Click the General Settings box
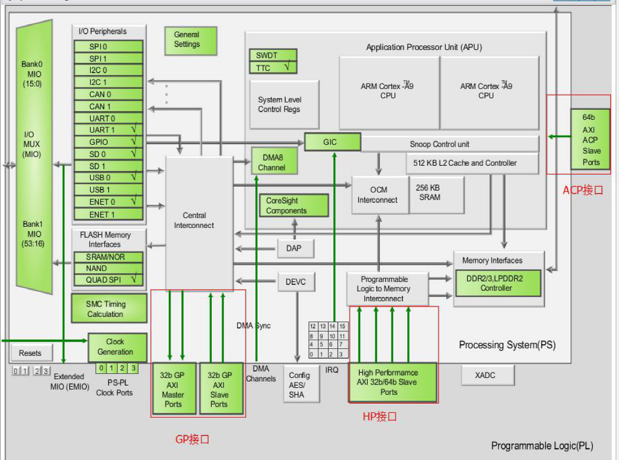tap(191, 40)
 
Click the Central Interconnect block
tap(194, 221)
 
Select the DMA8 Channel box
tap(274, 161)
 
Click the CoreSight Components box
tap(293, 206)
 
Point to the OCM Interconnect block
tap(378, 195)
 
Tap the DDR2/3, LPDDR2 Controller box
tap(498, 283)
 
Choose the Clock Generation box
tap(115, 347)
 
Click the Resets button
tap(30, 353)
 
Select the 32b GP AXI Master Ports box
tap(173, 388)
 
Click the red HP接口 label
tap(379, 416)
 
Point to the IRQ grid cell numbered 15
tap(343, 326)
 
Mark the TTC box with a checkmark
tap(273, 68)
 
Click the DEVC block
tap(296, 283)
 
